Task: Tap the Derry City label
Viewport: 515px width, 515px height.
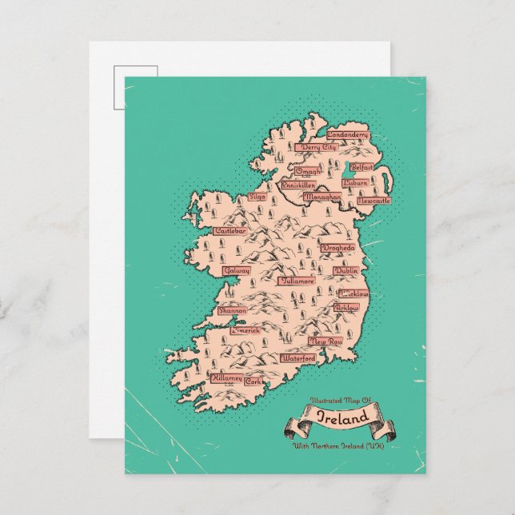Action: (318, 148)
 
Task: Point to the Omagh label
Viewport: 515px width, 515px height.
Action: (309, 171)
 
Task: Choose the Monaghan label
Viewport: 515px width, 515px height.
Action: (323, 195)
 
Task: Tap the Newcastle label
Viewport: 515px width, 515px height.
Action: (373, 201)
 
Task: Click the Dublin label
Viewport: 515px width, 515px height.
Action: (346, 272)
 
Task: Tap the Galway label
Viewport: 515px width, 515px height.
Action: (238, 271)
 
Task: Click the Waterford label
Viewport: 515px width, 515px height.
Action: (298, 359)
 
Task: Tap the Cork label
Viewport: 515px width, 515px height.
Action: (254, 381)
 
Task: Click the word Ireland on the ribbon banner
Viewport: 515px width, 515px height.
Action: (343, 417)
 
